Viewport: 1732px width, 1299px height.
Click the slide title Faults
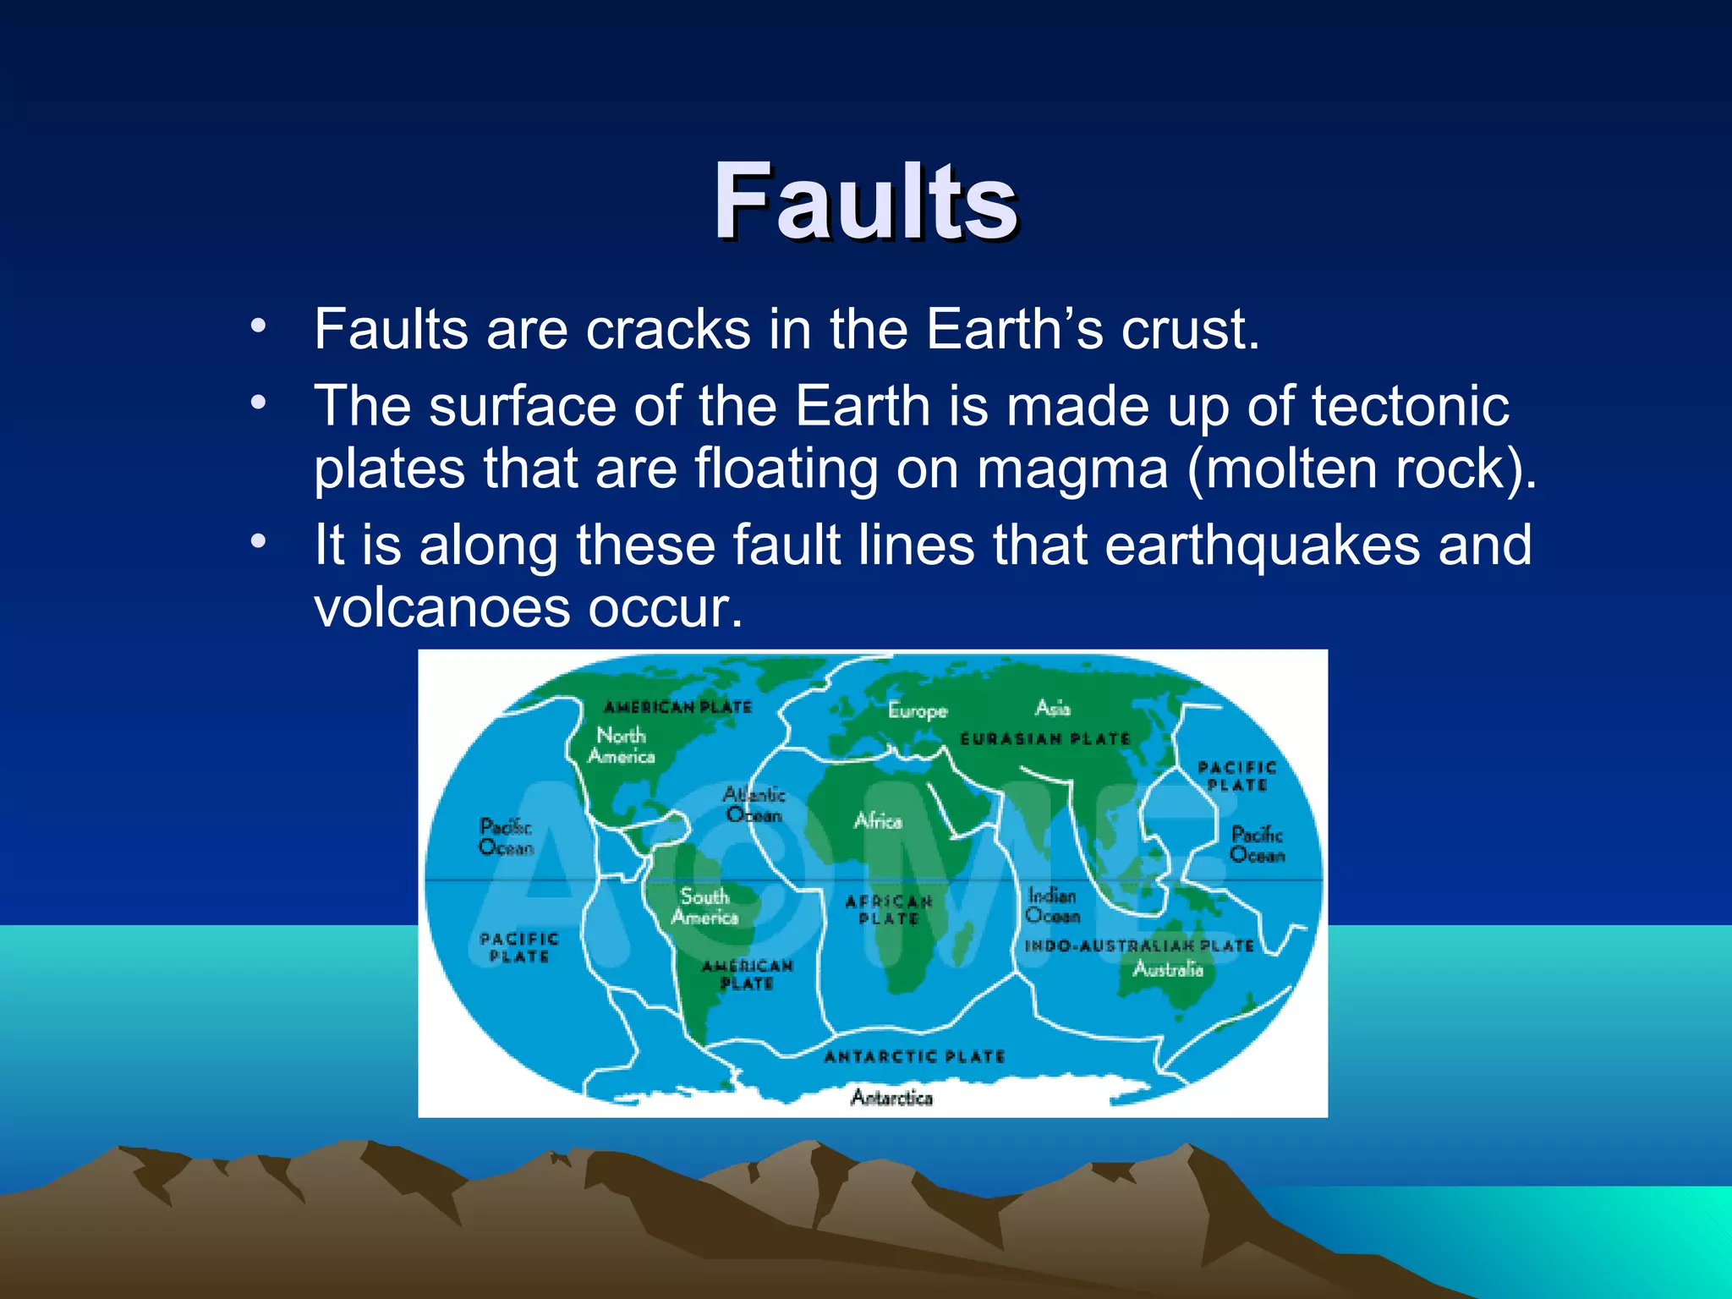(865, 203)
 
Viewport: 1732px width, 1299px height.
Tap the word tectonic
(1410, 407)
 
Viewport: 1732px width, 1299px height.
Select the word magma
(1072, 469)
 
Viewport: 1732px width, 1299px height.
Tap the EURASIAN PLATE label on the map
(1045, 739)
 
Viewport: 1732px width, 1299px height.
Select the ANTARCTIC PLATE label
(914, 1056)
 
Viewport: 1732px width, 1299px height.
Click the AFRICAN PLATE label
(889, 911)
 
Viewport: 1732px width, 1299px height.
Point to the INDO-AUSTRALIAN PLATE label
(1138, 945)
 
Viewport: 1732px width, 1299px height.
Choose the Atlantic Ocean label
(754, 805)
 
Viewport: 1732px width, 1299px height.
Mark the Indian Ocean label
(1052, 905)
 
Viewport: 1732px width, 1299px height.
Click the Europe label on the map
(918, 710)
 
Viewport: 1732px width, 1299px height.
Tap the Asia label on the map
(1053, 707)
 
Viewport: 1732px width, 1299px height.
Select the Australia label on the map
(1167, 969)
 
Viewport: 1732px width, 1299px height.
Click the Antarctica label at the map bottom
(891, 1098)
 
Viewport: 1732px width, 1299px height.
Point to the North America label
(622, 746)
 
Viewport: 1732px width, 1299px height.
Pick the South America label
(704, 907)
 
